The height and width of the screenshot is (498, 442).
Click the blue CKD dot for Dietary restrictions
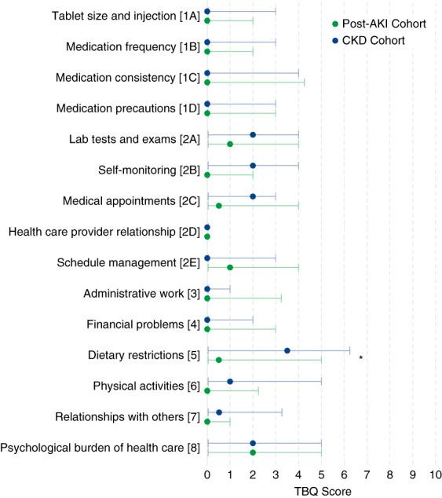[287, 350]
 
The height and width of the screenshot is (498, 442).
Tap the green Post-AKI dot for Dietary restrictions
[218, 360]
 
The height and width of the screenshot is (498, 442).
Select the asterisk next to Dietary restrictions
[360, 357]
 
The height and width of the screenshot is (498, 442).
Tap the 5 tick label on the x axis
[321, 474]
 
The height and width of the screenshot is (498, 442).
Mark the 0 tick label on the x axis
[207, 474]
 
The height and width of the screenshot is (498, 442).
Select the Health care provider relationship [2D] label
[104, 232]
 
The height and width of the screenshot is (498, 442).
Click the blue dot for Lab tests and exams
[253, 134]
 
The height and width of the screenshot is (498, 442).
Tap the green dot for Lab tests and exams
[230, 144]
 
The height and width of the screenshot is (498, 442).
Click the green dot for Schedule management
[230, 267]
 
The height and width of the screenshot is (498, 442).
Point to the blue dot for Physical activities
[230, 381]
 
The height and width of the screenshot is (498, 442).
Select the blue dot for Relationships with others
[219, 412]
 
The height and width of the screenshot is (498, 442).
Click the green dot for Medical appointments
[218, 206]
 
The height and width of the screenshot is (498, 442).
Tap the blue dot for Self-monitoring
[253, 166]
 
